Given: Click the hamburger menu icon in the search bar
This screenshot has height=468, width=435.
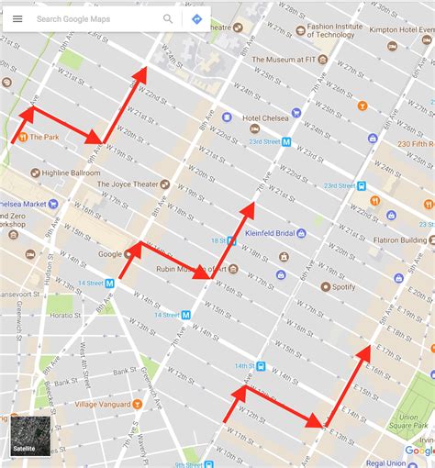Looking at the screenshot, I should pyautogui.click(x=17, y=18).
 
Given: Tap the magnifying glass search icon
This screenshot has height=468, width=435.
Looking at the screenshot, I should pyautogui.click(x=168, y=18).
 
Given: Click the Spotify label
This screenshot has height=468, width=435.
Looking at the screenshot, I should pyautogui.click(x=344, y=286).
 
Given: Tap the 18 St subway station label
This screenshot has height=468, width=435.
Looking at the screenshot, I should pyautogui.click(x=219, y=240).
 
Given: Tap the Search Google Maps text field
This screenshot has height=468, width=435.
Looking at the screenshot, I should pyautogui.click(x=92, y=18).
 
